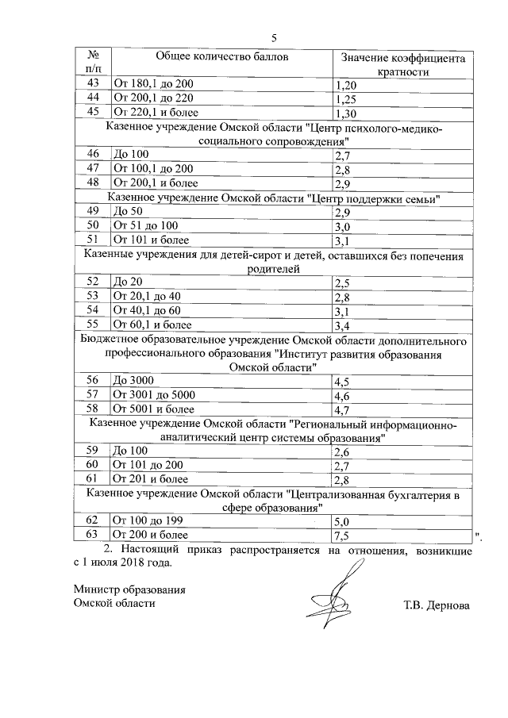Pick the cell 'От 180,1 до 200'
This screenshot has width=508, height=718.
click(x=154, y=84)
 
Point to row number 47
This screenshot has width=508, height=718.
click(x=93, y=169)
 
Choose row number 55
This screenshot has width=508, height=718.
click(x=93, y=324)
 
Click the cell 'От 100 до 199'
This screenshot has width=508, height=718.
click(x=148, y=521)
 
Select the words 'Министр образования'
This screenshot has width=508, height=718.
click(x=129, y=589)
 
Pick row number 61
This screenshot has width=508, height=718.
click(x=93, y=478)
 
